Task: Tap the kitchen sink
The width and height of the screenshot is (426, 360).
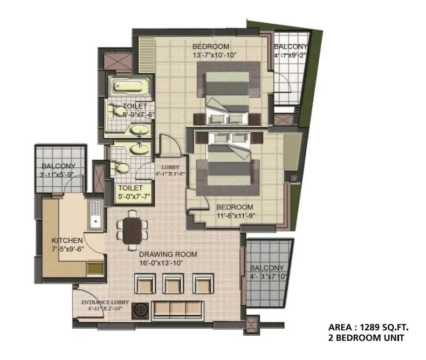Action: coord(96,216)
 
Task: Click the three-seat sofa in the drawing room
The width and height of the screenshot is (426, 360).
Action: coord(178,309)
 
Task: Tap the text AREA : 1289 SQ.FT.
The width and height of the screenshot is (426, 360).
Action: coord(369,327)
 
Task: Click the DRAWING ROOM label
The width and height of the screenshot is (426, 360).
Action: coord(168,254)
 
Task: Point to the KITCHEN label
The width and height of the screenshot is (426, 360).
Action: coord(67,240)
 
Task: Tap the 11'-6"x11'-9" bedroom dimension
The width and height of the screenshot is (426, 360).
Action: coord(235,215)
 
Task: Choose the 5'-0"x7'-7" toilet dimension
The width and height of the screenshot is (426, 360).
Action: coord(134,196)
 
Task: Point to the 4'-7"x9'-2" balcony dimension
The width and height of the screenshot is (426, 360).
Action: coord(290,55)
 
